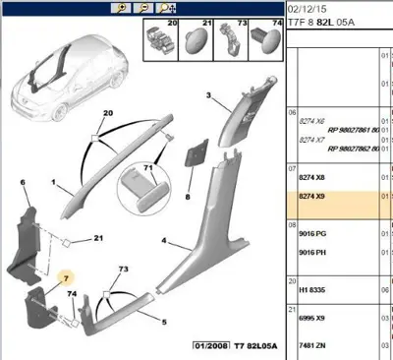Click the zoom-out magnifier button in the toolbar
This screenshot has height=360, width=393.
(143, 6)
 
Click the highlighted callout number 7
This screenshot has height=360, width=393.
(66, 280)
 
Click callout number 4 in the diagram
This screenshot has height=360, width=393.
(165, 240)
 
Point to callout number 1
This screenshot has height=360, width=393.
(52, 182)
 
